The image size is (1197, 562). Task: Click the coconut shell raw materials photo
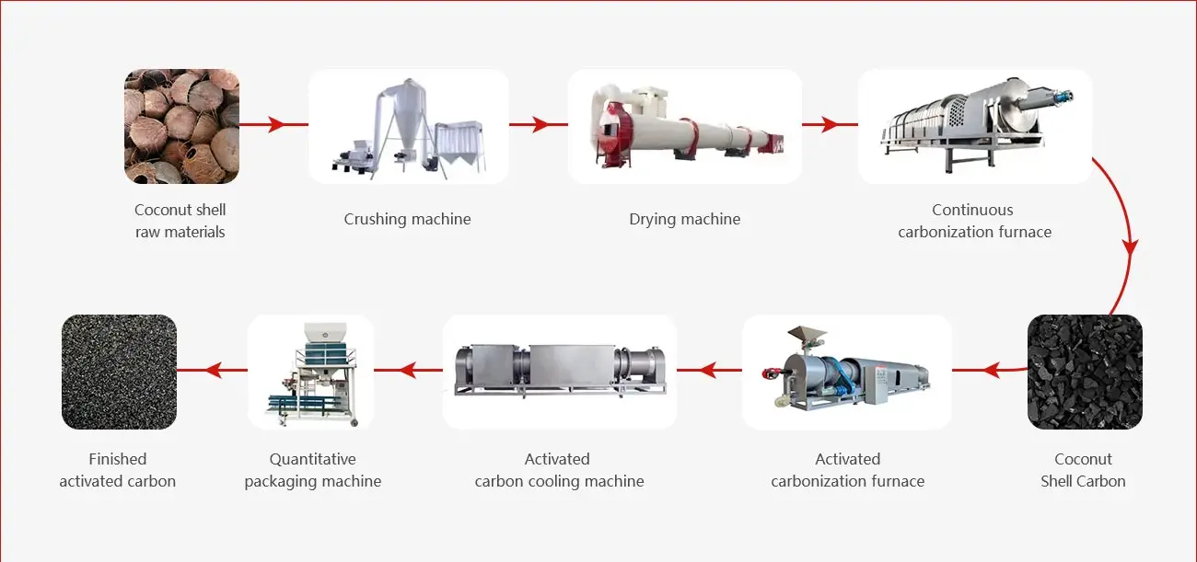point(181,126)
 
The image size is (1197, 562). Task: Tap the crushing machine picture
point(408,126)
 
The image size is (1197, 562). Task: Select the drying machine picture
point(684,126)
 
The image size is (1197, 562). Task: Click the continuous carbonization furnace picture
point(974,126)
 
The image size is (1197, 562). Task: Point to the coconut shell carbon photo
point(1084,372)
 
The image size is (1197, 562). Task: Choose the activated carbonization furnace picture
point(846,372)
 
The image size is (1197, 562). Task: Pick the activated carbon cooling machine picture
point(559,372)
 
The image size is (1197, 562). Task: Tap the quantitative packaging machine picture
point(311,372)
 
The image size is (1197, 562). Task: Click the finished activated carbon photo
point(119,372)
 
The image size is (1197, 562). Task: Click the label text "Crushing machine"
point(407,219)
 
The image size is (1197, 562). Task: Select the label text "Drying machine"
point(684,219)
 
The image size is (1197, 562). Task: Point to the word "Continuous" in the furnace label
point(972,210)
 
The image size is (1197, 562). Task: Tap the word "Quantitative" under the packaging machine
point(312,459)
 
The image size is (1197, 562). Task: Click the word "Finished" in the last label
point(118,459)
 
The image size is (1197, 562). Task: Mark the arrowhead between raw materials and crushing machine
point(276,125)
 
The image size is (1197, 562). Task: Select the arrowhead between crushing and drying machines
point(543,125)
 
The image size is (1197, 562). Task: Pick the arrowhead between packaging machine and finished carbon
point(213,371)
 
